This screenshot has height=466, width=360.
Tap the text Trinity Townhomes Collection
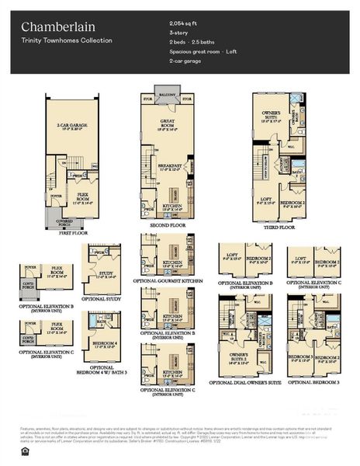(x=66, y=40)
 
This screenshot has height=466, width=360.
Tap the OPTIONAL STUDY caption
(x=101, y=299)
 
